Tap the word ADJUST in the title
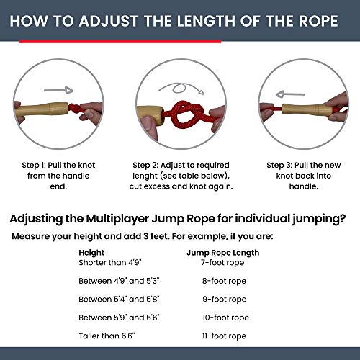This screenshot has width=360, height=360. [x=114, y=19]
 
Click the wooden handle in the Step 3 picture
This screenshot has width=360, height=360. [x=307, y=111]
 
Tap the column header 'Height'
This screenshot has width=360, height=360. [x=93, y=253]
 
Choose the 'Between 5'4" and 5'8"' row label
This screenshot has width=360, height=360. [x=120, y=299]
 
